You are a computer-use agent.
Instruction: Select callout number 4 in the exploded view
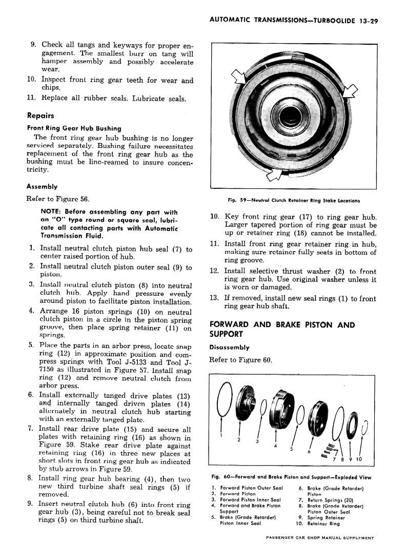pyautogui.click(x=275, y=445)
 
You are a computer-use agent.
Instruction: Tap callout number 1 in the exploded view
pyautogui.click(x=222, y=435)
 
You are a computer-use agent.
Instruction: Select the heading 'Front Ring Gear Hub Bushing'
pyautogui.click(x=74, y=128)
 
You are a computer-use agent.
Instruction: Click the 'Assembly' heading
pyautogui.click(x=42, y=187)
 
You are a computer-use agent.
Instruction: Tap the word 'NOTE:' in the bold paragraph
pyautogui.click(x=53, y=212)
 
